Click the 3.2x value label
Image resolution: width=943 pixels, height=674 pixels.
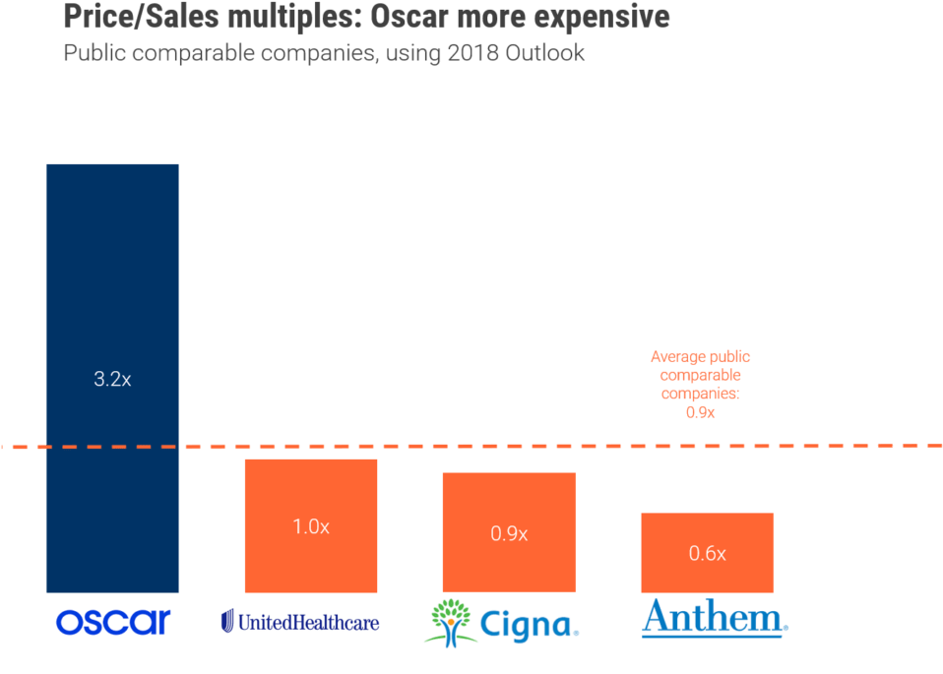coord(112,379)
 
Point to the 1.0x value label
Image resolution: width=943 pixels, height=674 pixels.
coord(310,526)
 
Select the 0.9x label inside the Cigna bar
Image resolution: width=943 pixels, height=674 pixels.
coord(509,534)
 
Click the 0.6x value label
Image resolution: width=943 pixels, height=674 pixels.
coord(707,554)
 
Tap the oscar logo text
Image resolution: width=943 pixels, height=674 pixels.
coord(113,621)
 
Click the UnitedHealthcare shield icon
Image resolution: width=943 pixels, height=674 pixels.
coord(228,621)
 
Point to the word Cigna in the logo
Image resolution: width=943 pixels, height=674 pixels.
coord(527,624)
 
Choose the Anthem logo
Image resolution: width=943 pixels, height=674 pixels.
coord(714,619)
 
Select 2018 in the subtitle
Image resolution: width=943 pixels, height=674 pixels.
coord(475,53)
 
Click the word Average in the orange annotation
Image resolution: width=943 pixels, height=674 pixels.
coord(679,357)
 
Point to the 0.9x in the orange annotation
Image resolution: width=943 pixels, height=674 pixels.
coord(700,412)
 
